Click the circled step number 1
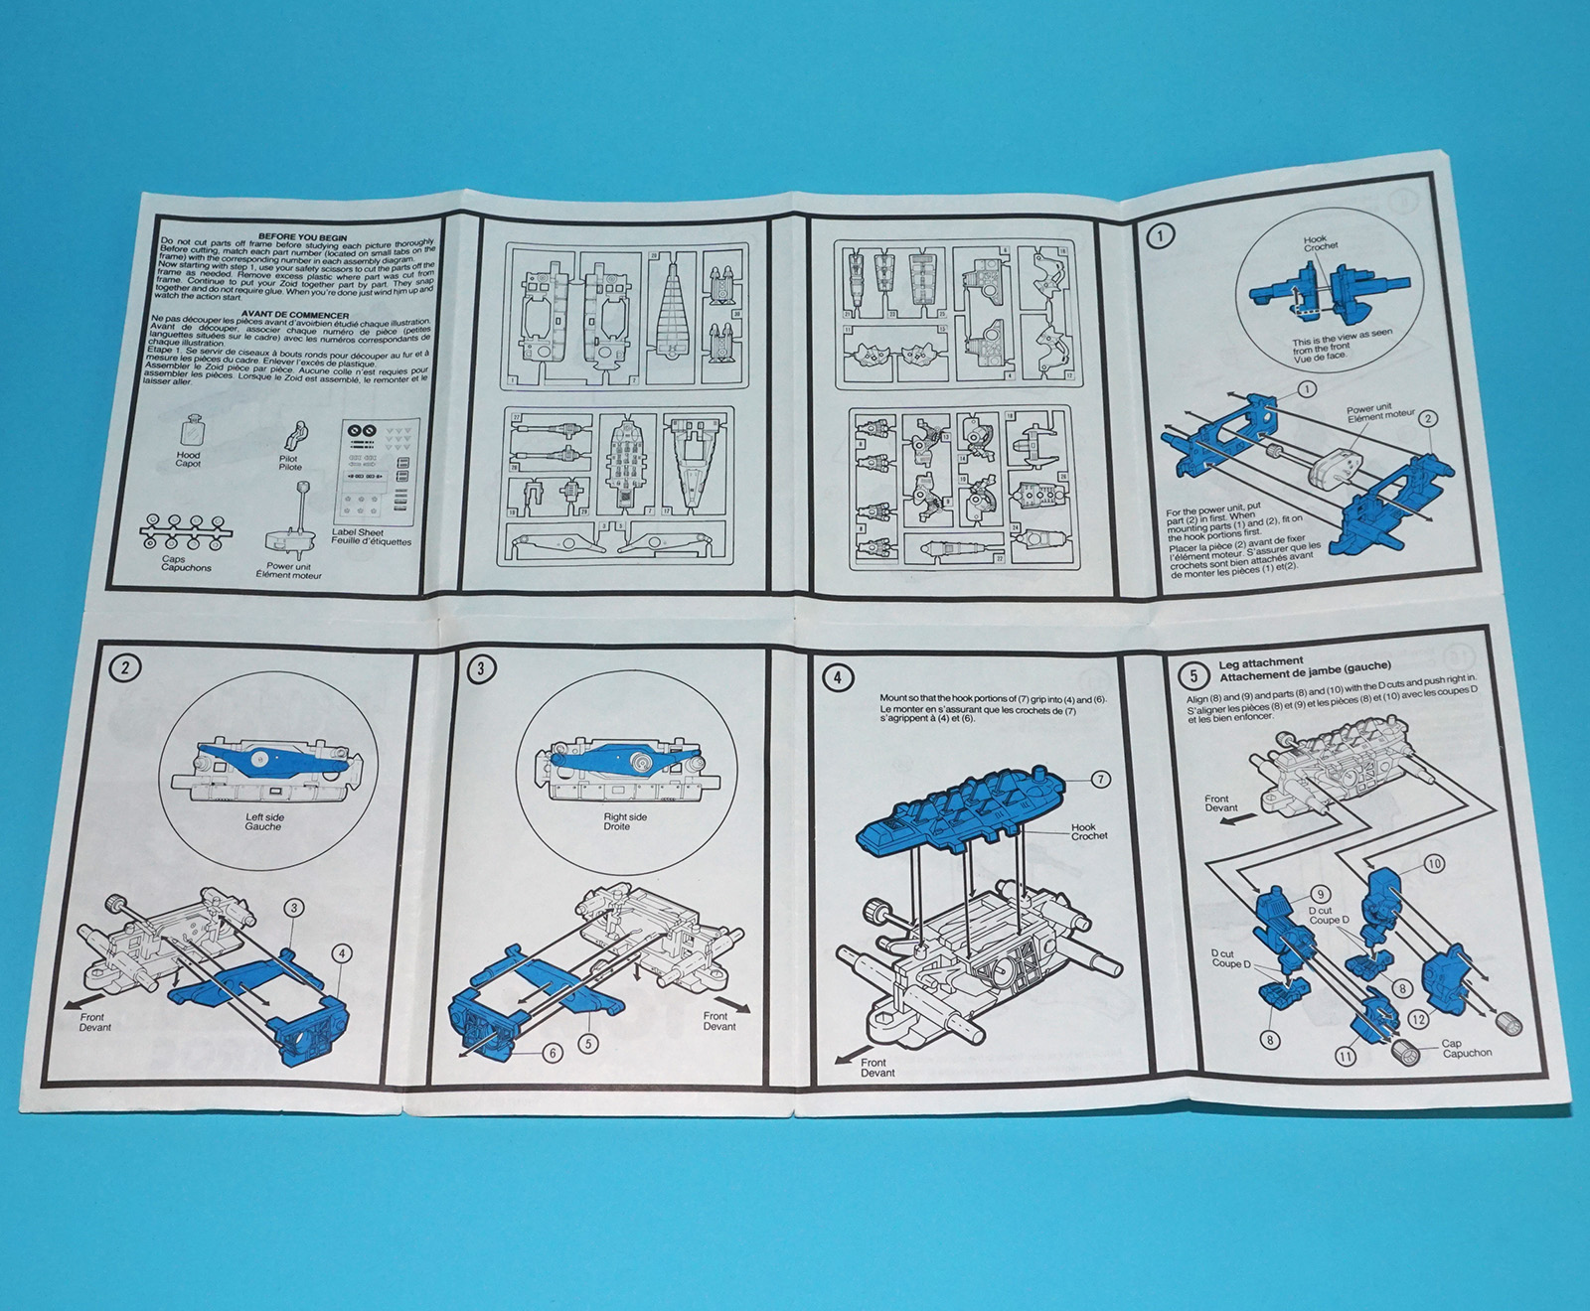click(1160, 235)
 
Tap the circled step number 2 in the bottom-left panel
click(125, 667)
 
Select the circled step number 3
click(481, 668)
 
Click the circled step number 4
click(838, 677)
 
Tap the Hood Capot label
click(188, 459)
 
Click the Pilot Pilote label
click(290, 462)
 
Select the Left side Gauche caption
click(264, 821)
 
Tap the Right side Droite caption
click(624, 821)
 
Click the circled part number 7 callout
click(1100, 780)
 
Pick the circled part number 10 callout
click(1433, 864)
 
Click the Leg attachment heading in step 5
click(1260, 661)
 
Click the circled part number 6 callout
click(553, 1053)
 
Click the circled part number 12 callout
click(1418, 1019)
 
